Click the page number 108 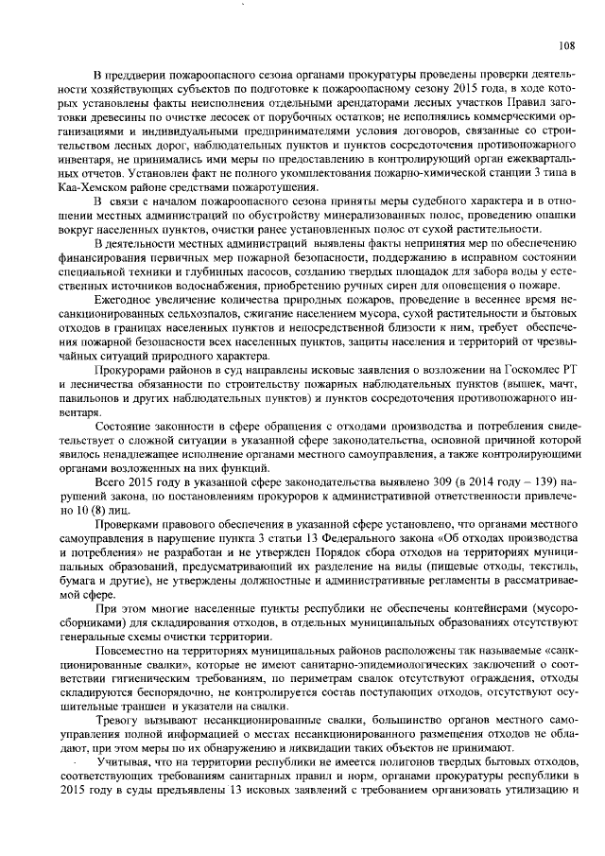[566, 44]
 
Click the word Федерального [326, 535]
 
